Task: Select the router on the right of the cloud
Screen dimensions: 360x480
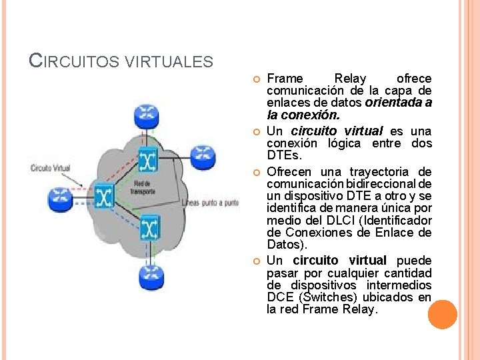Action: [x=202, y=157]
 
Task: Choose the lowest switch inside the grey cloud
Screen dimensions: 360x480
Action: [x=149, y=230]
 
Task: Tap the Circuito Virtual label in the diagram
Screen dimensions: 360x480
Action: [x=50, y=168]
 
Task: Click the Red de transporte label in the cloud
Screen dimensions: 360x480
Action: [x=144, y=187]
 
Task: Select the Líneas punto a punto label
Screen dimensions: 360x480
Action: [x=210, y=203]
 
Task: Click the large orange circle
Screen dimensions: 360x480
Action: [x=442, y=314]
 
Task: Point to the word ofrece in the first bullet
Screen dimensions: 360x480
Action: [x=414, y=78]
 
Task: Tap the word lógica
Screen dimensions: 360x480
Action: [x=344, y=143]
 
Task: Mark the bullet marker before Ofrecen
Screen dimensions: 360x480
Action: [x=257, y=172]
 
